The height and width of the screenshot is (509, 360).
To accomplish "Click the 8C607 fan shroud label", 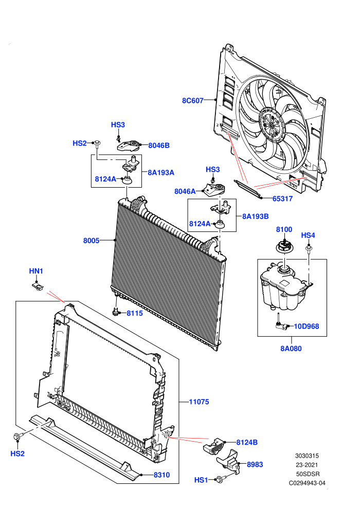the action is (192, 101).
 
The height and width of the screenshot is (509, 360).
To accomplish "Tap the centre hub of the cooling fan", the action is (272, 125).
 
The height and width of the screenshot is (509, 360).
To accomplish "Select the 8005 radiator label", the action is (91, 241).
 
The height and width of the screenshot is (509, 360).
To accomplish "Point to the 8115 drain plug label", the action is (134, 313).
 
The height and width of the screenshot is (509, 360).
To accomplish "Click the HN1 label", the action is (36, 271).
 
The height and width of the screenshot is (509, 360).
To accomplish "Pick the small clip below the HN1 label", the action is (38, 287).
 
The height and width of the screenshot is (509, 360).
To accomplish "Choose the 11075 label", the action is (199, 402).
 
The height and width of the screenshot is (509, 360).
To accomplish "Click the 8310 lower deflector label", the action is (161, 475).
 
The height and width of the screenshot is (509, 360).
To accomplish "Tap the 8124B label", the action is (247, 443).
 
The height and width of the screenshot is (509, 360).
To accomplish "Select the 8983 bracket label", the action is (255, 465).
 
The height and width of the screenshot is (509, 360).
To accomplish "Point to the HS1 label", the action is (201, 480).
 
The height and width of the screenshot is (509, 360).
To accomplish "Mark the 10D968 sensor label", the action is (307, 326).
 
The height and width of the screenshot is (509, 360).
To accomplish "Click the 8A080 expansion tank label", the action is (291, 349).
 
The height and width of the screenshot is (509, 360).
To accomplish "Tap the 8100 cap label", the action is (284, 229).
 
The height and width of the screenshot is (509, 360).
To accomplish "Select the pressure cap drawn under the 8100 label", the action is (285, 246).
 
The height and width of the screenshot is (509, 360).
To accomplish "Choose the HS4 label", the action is (308, 235).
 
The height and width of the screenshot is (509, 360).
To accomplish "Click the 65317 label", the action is (282, 198).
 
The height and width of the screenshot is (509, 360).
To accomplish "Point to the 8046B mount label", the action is (159, 146).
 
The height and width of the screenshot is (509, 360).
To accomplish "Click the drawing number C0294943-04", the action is (307, 483).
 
